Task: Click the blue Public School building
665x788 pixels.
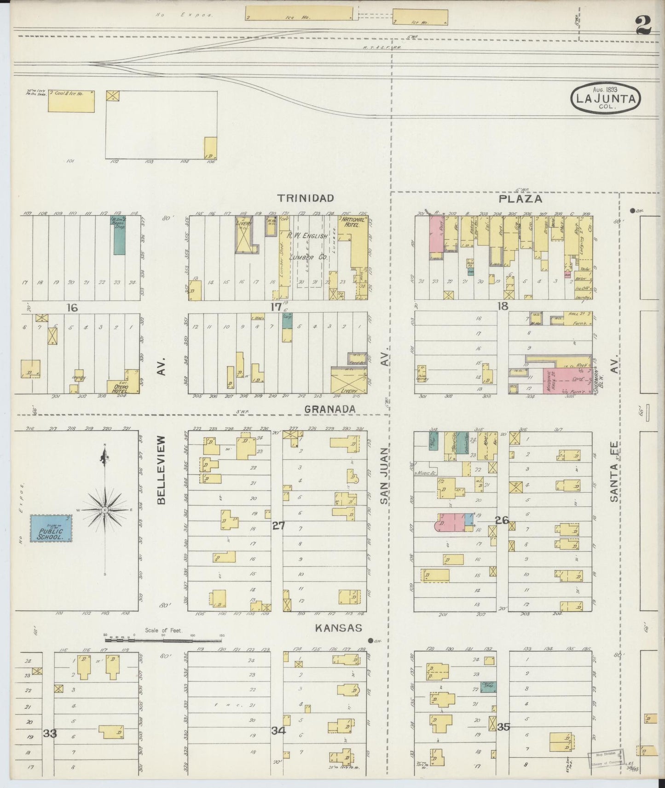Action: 51,528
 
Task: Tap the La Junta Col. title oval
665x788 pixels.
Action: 606,98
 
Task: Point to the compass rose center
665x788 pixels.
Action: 105,510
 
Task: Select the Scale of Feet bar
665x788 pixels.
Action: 163,639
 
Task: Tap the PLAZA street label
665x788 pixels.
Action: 520,199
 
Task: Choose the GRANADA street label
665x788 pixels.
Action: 330,409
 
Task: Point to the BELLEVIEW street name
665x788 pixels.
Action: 161,470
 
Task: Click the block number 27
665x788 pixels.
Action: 278,525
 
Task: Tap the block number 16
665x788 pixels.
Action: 72,308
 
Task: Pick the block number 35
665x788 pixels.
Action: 504,727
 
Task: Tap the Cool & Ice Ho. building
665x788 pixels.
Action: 71,101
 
